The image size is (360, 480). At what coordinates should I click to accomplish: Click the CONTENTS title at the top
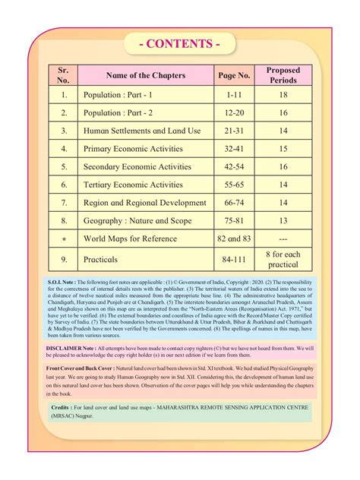180,43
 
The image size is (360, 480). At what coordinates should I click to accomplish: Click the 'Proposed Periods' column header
283,75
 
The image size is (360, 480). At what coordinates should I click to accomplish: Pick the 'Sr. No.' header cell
64,75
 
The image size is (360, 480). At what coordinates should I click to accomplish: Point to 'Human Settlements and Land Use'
143,131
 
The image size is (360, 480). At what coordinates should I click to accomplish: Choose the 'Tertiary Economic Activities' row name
134,185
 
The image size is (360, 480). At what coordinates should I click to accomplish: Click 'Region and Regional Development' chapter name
145,203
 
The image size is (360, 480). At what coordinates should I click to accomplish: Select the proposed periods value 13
283,221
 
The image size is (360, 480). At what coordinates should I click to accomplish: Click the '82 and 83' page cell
234,239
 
